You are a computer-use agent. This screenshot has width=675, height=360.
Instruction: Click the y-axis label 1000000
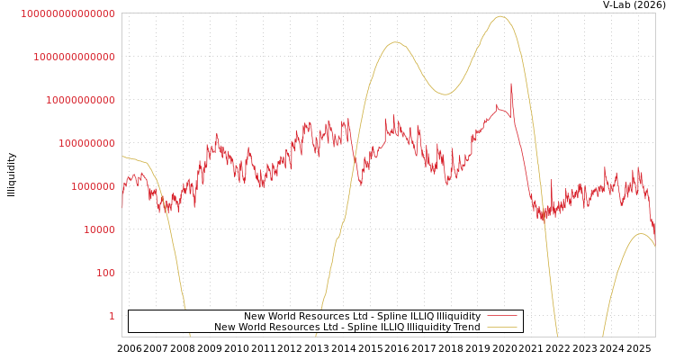[93, 186]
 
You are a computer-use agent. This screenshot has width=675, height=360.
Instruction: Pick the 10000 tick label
[99, 229]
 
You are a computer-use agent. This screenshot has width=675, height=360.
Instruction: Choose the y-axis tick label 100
[105, 273]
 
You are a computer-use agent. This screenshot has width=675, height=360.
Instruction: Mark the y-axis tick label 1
[112, 316]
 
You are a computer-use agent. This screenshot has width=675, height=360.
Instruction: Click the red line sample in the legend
[501, 316]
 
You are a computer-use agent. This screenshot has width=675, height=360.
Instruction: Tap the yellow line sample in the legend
[501, 327]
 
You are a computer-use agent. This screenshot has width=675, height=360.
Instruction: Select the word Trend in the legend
[466, 327]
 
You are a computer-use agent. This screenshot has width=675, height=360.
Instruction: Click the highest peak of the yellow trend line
[500, 16]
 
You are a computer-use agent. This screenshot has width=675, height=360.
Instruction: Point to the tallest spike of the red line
[511, 84]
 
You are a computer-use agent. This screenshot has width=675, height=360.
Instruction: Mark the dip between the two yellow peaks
[445, 94]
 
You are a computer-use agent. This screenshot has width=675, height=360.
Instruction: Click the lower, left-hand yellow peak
[395, 42]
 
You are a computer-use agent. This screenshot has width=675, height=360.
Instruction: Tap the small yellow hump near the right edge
[640, 234]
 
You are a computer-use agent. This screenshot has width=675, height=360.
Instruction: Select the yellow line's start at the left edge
[122, 157]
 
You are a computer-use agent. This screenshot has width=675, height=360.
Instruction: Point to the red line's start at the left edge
[122, 207]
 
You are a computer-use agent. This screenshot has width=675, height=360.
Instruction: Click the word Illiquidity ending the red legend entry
[458, 316]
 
